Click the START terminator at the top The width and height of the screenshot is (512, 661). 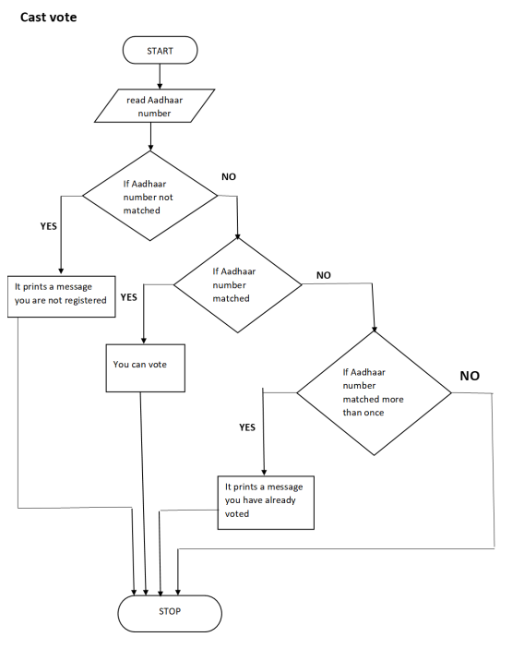(x=160, y=51)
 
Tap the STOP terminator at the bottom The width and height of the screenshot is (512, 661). (x=170, y=611)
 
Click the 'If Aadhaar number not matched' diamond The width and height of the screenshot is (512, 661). (x=149, y=196)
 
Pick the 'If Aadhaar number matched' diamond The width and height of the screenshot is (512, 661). (x=237, y=285)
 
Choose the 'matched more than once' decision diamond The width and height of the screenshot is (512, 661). (x=374, y=392)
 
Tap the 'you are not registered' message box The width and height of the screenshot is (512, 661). (x=62, y=294)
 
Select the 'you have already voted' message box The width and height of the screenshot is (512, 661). (x=266, y=501)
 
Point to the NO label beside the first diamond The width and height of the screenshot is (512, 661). (x=229, y=175)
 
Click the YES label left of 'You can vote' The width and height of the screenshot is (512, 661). (x=128, y=297)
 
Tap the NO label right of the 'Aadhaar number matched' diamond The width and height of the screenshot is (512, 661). (x=324, y=275)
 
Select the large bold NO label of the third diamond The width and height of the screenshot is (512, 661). (x=470, y=376)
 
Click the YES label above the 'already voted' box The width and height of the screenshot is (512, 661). (x=247, y=427)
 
